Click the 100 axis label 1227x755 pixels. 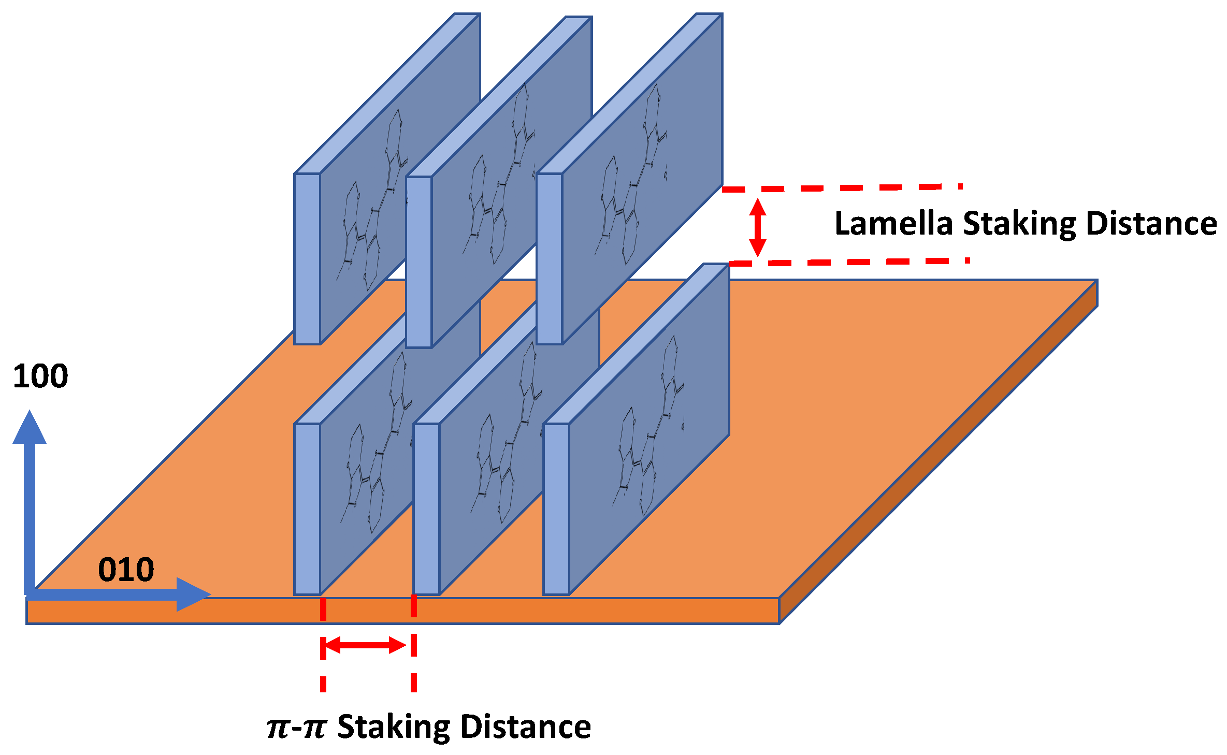coord(40,376)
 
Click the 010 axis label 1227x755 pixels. coord(126,570)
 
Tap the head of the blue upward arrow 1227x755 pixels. coord(30,428)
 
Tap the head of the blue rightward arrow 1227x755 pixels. coord(193,594)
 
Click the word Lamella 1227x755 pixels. coord(893,224)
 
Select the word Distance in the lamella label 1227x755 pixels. coord(1151,224)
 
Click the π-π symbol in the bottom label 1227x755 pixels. coord(296,727)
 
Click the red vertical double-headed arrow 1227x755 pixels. coord(758,227)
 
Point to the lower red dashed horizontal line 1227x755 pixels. coord(849,263)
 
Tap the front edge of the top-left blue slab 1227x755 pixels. coord(307,259)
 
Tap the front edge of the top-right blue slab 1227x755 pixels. coord(550,259)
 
